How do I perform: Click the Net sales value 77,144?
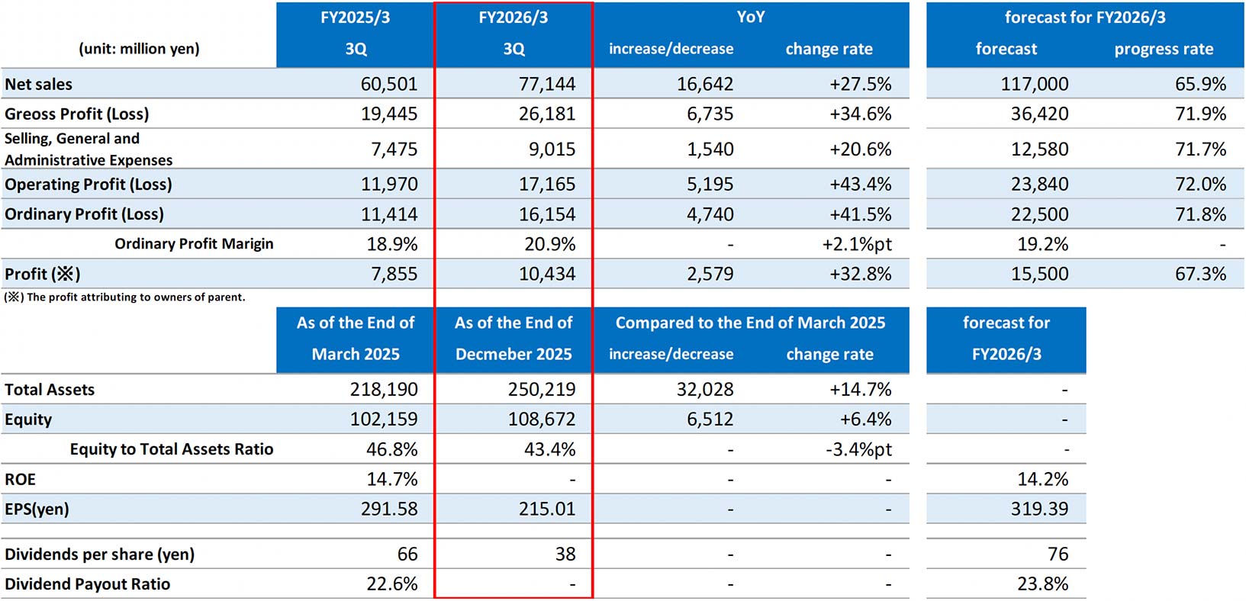tap(546, 84)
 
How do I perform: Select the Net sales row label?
tap(39, 84)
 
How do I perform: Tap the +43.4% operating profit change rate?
tap(860, 184)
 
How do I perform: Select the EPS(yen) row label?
tap(37, 509)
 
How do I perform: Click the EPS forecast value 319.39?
tap(1038, 509)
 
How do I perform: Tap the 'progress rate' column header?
tap(1163, 49)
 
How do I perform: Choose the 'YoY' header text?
tap(750, 17)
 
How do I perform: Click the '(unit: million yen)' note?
tap(139, 49)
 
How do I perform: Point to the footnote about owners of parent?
tap(125, 297)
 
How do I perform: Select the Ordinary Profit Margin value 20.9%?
tap(549, 244)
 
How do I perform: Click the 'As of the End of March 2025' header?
tap(356, 339)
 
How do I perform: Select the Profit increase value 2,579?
tap(710, 274)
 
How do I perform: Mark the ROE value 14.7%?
tap(391, 479)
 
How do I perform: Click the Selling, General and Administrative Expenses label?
tap(89, 149)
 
